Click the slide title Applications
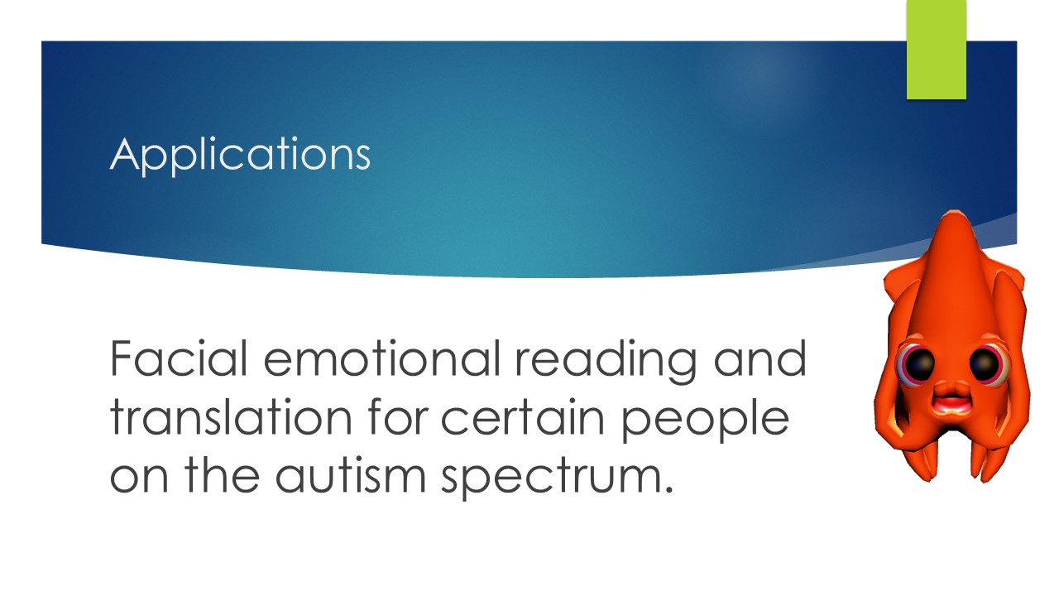[x=240, y=154]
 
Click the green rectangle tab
[x=937, y=50]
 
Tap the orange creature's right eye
[x=984, y=364]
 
